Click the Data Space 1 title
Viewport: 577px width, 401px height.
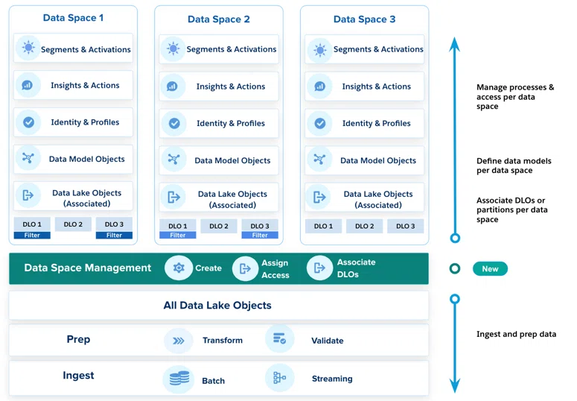tap(73, 18)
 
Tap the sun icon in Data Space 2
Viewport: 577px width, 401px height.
tap(173, 48)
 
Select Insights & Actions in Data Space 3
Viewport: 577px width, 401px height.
tap(376, 86)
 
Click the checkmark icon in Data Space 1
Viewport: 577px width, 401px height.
tap(28, 122)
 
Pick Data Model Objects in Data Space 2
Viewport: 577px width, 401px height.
tap(232, 160)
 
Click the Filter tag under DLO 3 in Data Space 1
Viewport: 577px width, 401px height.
tap(114, 235)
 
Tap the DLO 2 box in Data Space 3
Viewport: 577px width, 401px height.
tap(364, 226)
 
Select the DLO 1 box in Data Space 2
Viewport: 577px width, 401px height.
tap(178, 226)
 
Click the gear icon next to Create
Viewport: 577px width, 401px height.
tap(179, 268)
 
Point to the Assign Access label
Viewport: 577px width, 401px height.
tap(275, 269)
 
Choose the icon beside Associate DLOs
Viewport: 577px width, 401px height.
tap(319, 268)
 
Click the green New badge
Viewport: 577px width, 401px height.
tap(490, 268)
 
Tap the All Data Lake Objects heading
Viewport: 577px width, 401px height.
tap(217, 305)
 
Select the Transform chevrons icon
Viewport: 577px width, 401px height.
tap(179, 341)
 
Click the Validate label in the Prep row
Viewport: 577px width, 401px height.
tap(327, 341)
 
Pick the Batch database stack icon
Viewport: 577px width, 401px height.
tap(179, 379)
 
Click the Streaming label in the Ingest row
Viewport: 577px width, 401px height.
tap(332, 379)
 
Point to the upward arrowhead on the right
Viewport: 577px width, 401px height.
tap(455, 44)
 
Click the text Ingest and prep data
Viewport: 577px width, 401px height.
tap(516, 334)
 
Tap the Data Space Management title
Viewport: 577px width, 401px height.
tap(88, 268)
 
